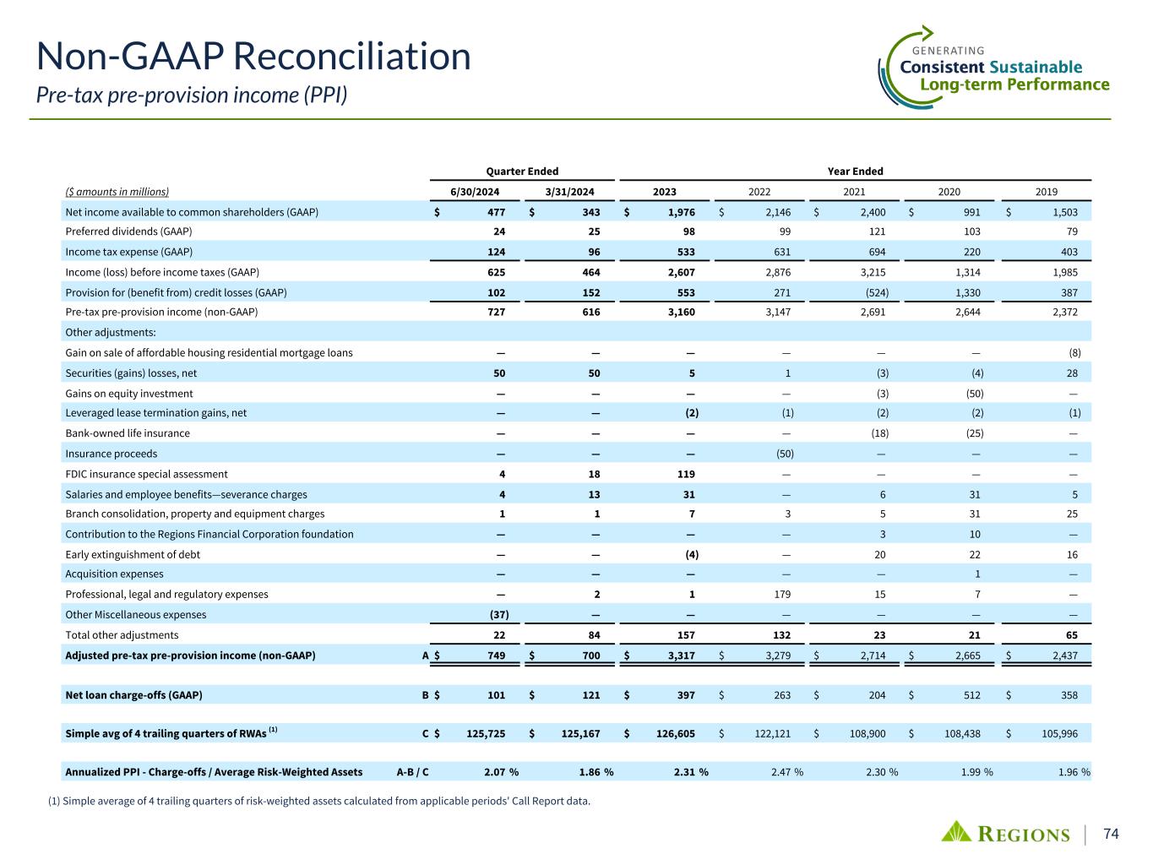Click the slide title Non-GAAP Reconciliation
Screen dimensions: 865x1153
point(253,56)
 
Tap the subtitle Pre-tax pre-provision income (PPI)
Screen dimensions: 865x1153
point(192,95)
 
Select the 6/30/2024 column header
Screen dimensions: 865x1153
point(476,192)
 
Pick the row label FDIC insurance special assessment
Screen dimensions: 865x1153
point(147,474)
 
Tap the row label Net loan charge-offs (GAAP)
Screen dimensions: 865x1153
point(133,695)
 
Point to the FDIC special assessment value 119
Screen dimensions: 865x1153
point(684,474)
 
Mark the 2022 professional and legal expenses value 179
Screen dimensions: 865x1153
point(781,594)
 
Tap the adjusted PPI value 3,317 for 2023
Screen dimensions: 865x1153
point(679,655)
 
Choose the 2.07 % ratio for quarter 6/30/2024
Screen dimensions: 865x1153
point(500,771)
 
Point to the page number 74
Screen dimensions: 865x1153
point(1111,834)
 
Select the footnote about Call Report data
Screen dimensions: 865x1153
point(319,801)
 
